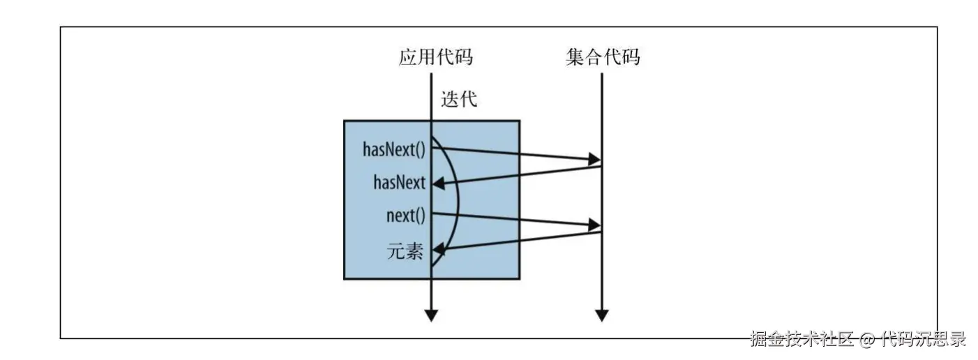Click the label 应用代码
tap(435, 57)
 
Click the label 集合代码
tap(603, 57)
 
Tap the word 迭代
tap(459, 99)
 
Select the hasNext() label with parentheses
tap(394, 149)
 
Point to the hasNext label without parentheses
tap(400, 183)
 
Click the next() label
tap(405, 215)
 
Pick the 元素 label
tap(405, 250)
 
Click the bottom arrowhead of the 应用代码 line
tap(432, 315)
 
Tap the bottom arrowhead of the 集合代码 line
tap(601, 315)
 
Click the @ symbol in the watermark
tap(867, 340)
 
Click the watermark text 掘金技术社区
tap(802, 340)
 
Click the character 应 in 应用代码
tap(408, 57)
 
